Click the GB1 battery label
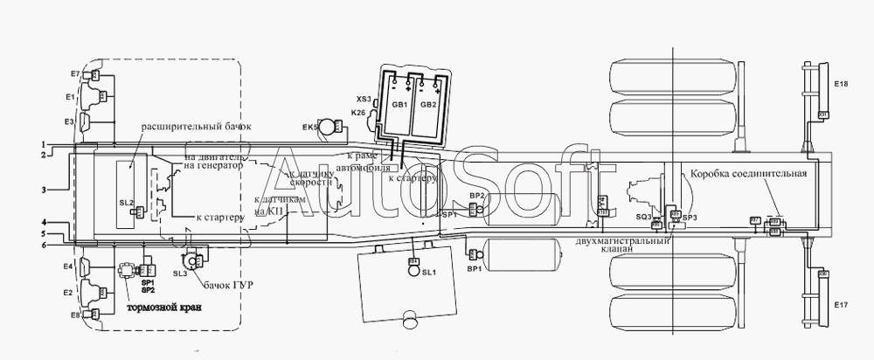pos(399,105)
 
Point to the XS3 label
pos(364,99)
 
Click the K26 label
pos(359,113)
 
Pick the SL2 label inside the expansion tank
pos(126,204)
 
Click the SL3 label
pos(181,273)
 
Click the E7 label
pos(74,73)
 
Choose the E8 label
pos(74,314)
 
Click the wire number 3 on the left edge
pos(42,189)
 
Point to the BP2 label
pos(476,196)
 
